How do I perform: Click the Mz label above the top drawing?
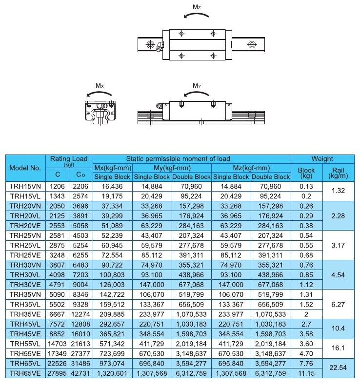tap(197, 7)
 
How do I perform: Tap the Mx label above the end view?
tap(100, 86)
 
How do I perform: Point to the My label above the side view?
tap(197, 86)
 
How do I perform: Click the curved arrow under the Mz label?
tap(197, 17)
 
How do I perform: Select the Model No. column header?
tap(25, 168)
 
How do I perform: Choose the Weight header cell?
tap(322, 158)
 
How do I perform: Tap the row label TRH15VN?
tap(25, 186)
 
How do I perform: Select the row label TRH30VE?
tap(25, 285)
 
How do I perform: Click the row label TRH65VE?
tap(25, 373)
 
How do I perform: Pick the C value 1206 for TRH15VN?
tap(57, 186)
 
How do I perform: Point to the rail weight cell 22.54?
tap(339, 368)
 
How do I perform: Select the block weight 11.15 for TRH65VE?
tap(306, 373)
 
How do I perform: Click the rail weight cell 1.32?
tap(339, 191)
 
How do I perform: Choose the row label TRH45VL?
tap(25, 324)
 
